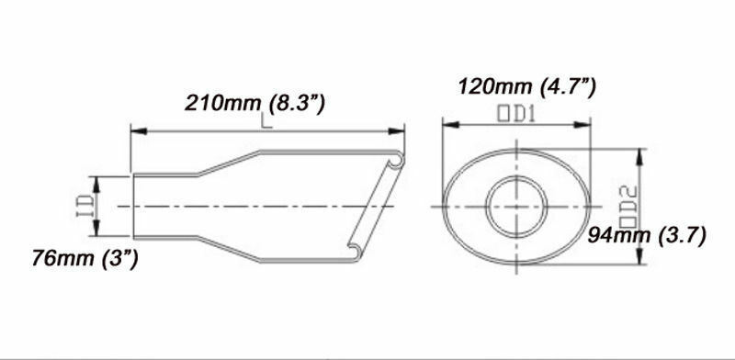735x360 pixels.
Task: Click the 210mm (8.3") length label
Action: pyautogui.click(x=254, y=103)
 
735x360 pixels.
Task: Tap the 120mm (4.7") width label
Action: pyautogui.click(x=526, y=86)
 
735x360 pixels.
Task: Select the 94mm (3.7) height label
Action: pyautogui.click(x=647, y=236)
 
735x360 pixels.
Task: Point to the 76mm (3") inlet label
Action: pyautogui.click(x=85, y=258)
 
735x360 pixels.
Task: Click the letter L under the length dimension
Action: pyautogui.click(x=266, y=120)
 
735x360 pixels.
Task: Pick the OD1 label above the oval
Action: pyautogui.click(x=516, y=115)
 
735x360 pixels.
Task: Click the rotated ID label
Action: pyautogui.click(x=85, y=207)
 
